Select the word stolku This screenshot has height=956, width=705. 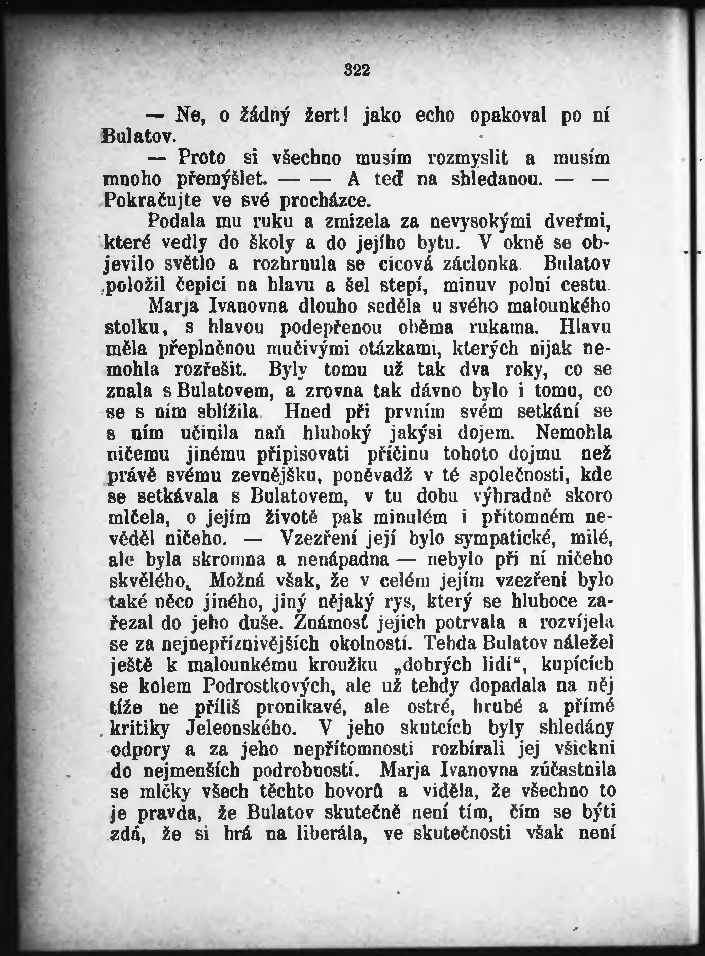point(135,328)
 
